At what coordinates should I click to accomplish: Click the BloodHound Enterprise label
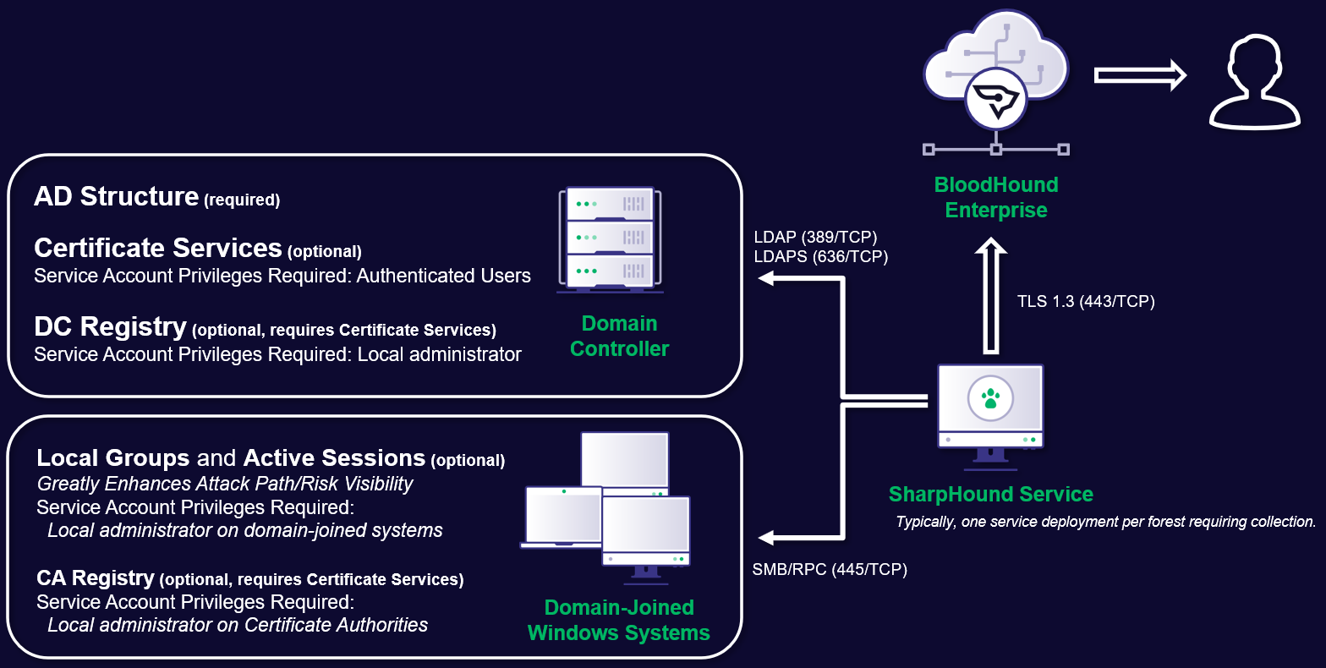(x=995, y=197)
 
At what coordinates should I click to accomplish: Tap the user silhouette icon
(x=1253, y=82)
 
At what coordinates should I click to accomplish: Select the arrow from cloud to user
(x=1140, y=75)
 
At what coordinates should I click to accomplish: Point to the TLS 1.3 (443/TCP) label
(x=1085, y=301)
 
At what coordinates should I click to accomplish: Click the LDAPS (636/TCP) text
(x=820, y=256)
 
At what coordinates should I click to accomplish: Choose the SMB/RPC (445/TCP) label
(x=829, y=569)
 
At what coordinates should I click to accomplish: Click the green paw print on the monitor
(x=990, y=398)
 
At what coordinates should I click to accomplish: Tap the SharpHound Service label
(x=990, y=494)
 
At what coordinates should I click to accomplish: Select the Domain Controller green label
(x=619, y=336)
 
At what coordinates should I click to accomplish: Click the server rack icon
(x=610, y=239)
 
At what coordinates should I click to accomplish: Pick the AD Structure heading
(x=117, y=196)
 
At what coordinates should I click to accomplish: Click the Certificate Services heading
(x=158, y=248)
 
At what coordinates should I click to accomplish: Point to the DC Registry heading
(x=110, y=326)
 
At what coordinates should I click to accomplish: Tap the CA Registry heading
(x=96, y=578)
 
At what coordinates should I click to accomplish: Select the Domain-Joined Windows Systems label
(x=618, y=620)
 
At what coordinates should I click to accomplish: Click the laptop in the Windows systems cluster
(x=562, y=517)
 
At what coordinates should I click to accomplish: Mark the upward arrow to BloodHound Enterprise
(x=990, y=296)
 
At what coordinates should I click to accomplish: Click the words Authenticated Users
(x=443, y=276)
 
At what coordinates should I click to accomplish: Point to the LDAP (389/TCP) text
(x=815, y=237)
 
